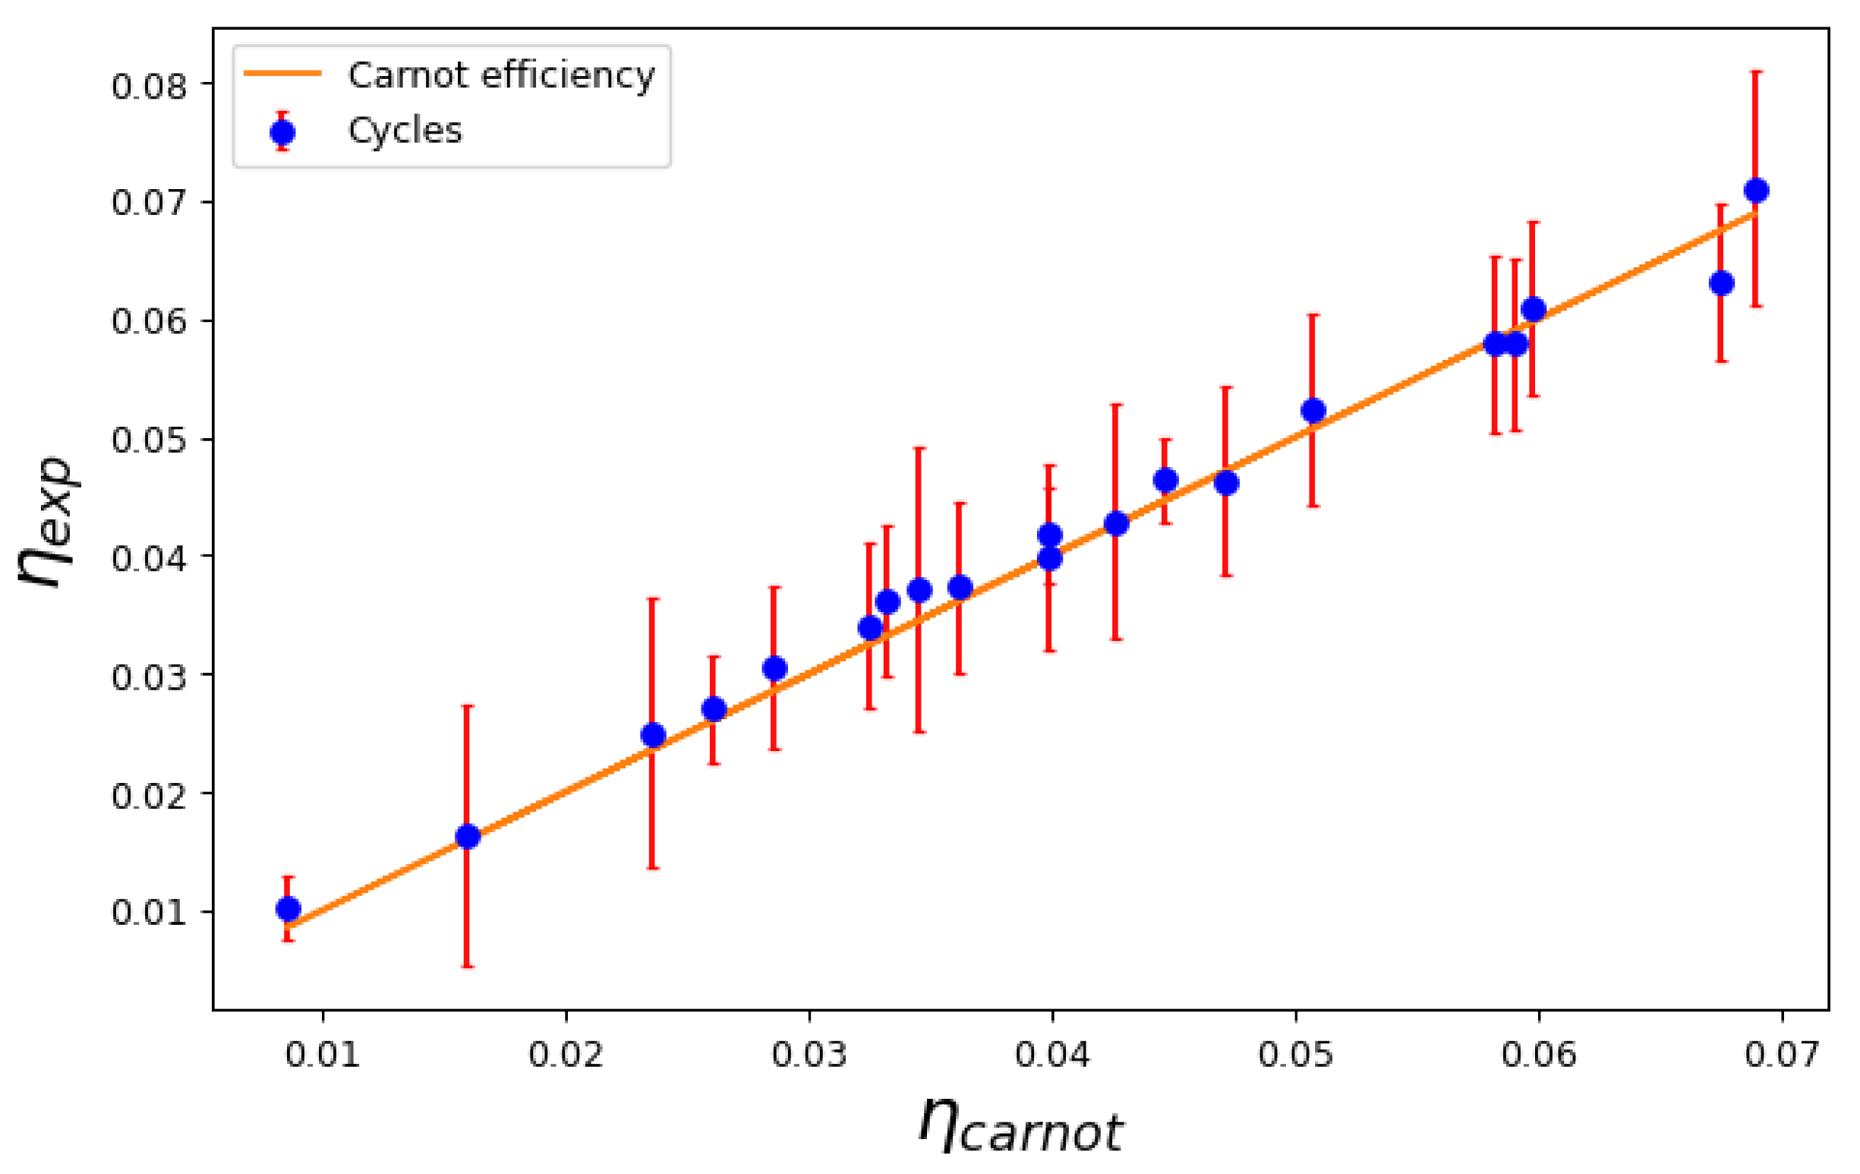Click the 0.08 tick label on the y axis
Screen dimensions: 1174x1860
149,86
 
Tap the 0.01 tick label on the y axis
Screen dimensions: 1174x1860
149,912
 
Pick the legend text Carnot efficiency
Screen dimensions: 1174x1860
501,75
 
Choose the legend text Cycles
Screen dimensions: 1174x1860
405,131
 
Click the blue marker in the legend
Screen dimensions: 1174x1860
282,133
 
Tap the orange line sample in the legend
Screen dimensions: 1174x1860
282,74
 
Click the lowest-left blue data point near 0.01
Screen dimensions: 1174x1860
288,909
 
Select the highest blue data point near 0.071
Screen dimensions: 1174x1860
1757,190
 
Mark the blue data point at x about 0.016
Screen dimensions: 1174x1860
468,836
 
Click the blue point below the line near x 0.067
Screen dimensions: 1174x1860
1722,284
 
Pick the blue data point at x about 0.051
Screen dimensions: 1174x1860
1313,410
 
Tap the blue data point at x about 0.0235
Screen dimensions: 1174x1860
654,735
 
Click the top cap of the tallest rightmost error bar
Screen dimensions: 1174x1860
1757,71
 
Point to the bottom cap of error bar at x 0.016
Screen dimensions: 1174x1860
468,967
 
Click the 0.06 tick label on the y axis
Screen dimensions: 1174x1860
149,320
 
